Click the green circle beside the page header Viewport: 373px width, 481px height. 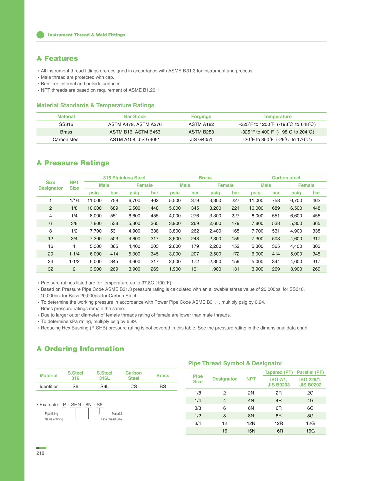[40, 35]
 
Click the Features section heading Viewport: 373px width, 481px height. [61, 58]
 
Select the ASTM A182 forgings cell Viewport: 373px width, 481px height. [201, 124]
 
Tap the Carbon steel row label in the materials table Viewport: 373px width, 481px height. [66, 140]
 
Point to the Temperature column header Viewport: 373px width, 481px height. [277, 116]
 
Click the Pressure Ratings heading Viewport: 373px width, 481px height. [77, 163]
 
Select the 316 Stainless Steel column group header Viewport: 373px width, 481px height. [124, 178]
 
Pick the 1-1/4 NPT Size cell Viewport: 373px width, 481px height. [74, 254]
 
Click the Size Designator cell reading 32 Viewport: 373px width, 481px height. [50, 269]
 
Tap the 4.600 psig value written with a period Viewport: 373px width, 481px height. [134, 239]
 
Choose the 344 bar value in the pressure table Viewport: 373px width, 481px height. [276, 262]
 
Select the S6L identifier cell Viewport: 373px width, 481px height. [105, 386]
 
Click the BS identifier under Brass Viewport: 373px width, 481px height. [163, 386]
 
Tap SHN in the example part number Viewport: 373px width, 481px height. [76, 405]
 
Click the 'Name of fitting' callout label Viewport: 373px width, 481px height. [54, 419]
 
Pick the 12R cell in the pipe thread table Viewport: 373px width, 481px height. [278, 423]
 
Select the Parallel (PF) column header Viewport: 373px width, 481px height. [310, 372]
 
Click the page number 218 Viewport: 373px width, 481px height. [40, 453]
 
